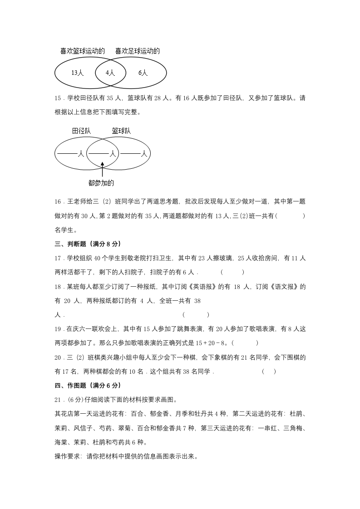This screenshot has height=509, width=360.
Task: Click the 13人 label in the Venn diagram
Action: point(77,73)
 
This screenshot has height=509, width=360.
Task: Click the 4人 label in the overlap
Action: point(110,73)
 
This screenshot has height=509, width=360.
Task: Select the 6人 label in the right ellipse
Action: point(143,73)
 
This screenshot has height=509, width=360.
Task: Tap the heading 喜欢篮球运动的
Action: point(83,51)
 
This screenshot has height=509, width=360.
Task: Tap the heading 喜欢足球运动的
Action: point(137,51)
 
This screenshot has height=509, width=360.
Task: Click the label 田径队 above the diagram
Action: point(81,131)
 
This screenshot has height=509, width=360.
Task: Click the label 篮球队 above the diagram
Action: point(121,131)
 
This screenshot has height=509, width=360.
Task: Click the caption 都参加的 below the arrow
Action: point(101,183)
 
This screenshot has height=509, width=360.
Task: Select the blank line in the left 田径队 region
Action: point(67,154)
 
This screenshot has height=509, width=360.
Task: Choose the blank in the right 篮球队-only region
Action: point(130,154)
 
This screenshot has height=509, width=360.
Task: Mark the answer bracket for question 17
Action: point(232,272)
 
